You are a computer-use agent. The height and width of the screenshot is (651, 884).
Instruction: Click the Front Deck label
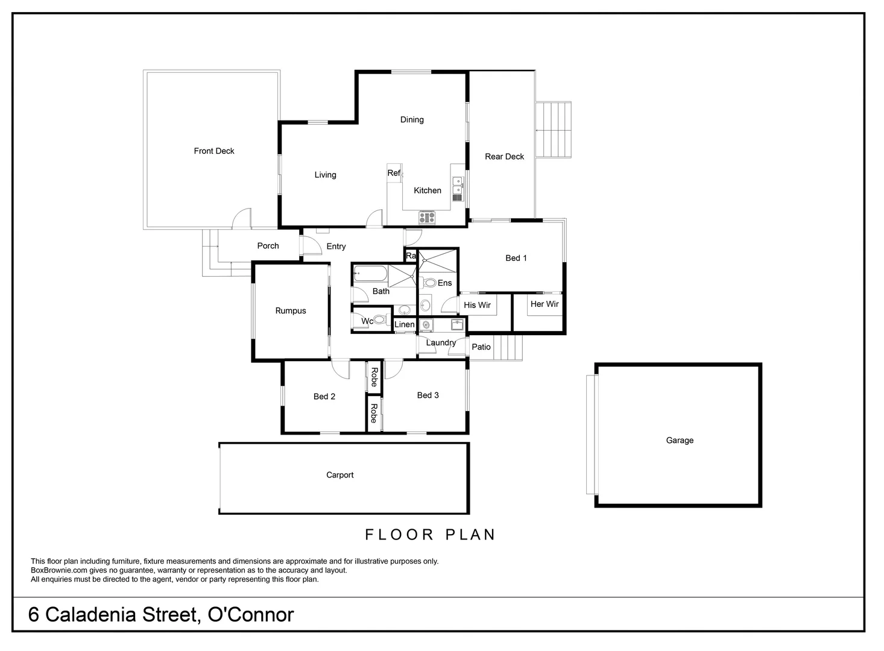pyautogui.click(x=213, y=151)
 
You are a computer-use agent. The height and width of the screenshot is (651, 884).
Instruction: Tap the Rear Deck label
pyautogui.click(x=504, y=156)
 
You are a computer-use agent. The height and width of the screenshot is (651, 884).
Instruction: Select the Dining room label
pyautogui.click(x=412, y=119)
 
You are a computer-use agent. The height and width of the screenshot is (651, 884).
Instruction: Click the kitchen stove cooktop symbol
pyautogui.click(x=427, y=218)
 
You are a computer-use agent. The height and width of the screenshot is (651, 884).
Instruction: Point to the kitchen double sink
pyautogui.click(x=458, y=188)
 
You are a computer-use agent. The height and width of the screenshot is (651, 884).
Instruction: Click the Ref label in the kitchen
pyautogui.click(x=393, y=173)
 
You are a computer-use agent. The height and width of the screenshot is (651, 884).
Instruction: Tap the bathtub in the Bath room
pyautogui.click(x=370, y=274)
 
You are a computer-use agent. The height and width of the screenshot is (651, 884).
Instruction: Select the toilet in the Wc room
pyautogui.click(x=380, y=320)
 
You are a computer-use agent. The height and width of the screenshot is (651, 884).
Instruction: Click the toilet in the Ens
pyautogui.click(x=430, y=282)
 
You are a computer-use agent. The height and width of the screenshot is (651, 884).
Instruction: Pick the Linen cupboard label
pyautogui.click(x=404, y=324)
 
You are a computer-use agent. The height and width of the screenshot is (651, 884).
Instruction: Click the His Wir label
pyautogui.click(x=477, y=305)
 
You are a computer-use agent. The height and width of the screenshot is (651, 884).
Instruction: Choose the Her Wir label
pyautogui.click(x=545, y=304)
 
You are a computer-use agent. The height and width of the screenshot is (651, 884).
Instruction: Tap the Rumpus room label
pyautogui.click(x=291, y=310)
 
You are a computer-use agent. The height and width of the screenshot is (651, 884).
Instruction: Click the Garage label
pyautogui.click(x=680, y=440)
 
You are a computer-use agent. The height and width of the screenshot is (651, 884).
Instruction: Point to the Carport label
pyautogui.click(x=339, y=474)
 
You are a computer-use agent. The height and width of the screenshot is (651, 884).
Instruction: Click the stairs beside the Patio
pyautogui.click(x=508, y=348)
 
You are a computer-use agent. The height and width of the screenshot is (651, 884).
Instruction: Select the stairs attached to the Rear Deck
pyautogui.click(x=554, y=130)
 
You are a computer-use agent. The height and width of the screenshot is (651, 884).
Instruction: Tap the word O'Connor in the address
pyautogui.click(x=250, y=614)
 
